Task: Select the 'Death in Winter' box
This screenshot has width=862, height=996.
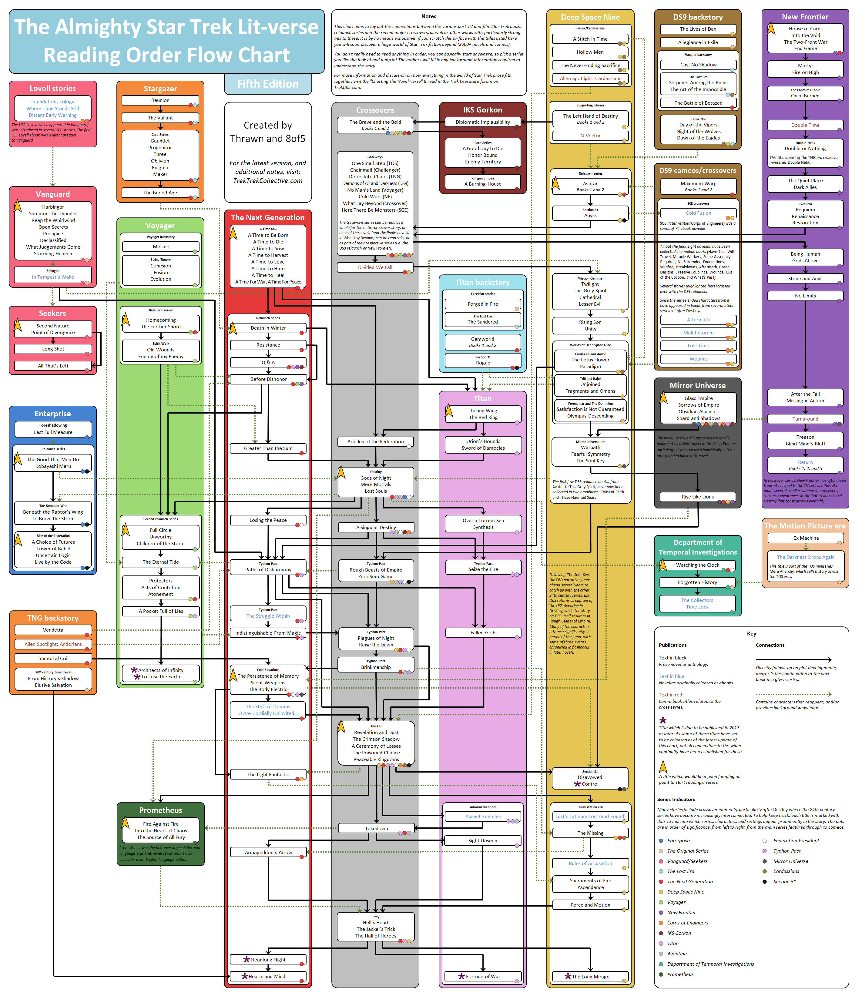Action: point(268,328)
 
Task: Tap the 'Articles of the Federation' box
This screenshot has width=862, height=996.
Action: point(375,441)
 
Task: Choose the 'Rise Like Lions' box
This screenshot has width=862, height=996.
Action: point(697,497)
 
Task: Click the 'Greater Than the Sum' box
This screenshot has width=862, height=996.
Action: point(268,448)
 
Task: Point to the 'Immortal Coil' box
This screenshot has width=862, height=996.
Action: point(53,658)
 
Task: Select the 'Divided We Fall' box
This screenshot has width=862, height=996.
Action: point(375,267)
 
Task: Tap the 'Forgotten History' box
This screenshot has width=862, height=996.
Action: point(697,582)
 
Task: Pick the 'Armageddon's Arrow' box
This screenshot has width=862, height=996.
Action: point(268,853)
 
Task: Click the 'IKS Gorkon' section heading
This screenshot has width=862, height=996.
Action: point(482,110)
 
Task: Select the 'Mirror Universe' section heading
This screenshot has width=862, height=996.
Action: point(697,386)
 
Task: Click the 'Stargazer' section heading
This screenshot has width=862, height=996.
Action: point(160,89)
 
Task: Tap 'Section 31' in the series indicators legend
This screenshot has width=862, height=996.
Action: point(784,881)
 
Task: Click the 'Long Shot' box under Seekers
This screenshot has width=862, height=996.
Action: point(53,349)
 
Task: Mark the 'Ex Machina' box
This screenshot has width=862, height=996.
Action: point(806,538)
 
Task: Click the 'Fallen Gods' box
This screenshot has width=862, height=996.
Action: point(483,633)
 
